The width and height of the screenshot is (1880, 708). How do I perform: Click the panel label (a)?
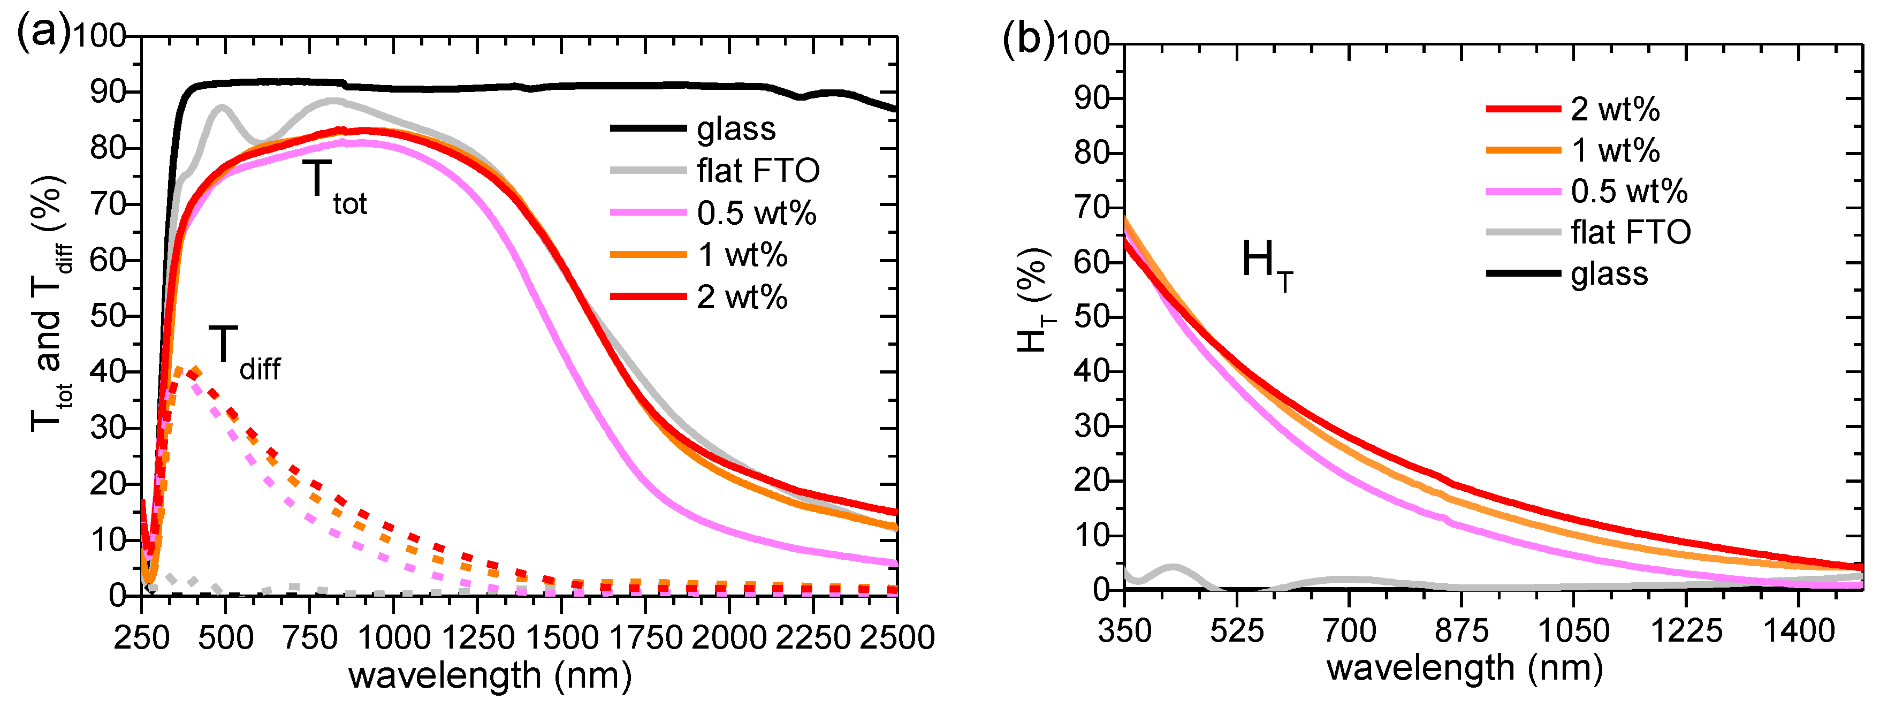[42, 33]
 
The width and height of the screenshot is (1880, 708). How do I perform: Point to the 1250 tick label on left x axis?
[477, 638]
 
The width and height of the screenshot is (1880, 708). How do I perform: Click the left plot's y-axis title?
[50, 303]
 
